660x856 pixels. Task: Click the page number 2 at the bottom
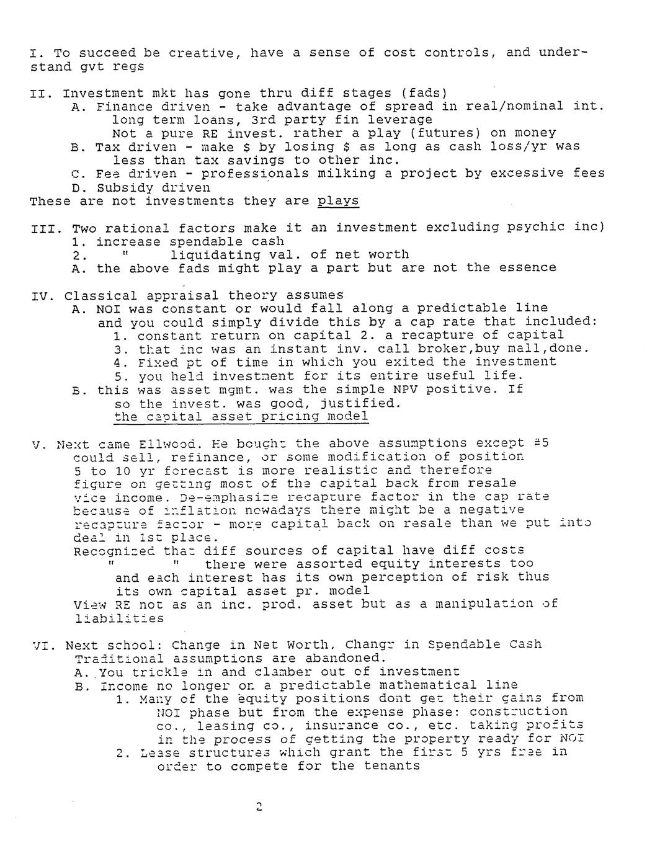tap(259, 807)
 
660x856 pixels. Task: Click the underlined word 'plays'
tap(337, 201)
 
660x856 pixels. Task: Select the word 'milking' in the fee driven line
tap(346, 174)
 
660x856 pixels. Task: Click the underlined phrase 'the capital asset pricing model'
tap(241, 416)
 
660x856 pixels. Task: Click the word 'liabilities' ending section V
tap(118, 618)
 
